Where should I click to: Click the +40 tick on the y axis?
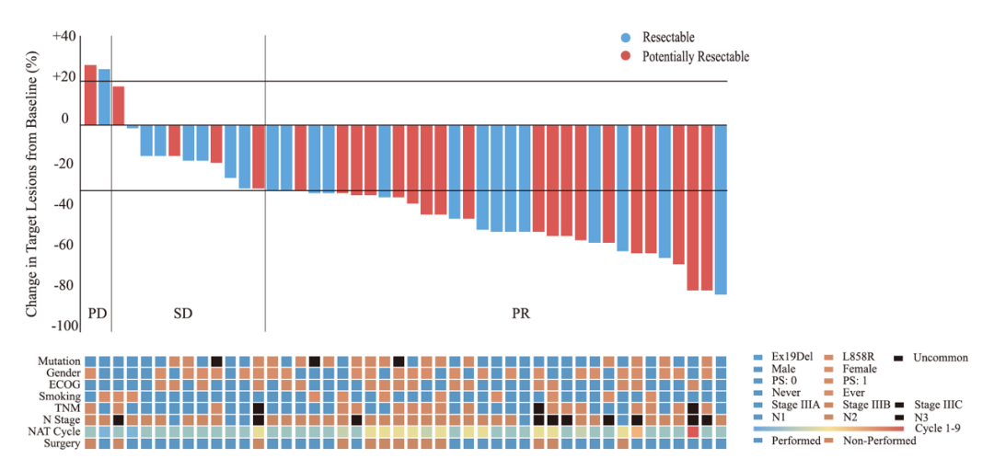65,37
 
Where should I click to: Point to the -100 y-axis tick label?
65,327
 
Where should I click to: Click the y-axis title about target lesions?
33,184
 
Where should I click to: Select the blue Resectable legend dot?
626,38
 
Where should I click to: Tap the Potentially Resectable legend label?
696,57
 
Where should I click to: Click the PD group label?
97,314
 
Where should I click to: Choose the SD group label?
183,314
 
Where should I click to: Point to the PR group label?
521,314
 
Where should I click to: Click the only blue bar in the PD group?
104,97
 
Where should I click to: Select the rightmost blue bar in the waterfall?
721,209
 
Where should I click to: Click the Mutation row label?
60,361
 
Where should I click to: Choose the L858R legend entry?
858,357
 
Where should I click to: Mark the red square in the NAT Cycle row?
693,431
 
